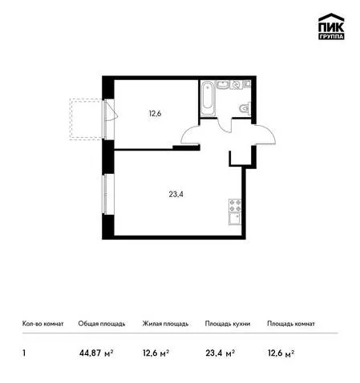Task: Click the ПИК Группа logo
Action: (x=331, y=26)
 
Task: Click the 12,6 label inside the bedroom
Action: (x=155, y=114)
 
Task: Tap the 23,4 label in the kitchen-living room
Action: (x=176, y=195)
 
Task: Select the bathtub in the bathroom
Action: (x=208, y=99)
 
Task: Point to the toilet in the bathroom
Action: (x=245, y=109)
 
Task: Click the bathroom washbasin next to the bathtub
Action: (x=222, y=85)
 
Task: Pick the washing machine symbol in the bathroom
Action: (x=237, y=85)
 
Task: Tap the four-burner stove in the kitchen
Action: (x=235, y=206)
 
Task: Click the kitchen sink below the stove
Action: (x=235, y=219)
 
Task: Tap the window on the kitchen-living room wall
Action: (x=106, y=194)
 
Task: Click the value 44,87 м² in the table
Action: (x=96, y=353)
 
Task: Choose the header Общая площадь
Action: (x=102, y=324)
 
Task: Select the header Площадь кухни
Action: (x=228, y=324)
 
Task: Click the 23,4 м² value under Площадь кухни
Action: (x=220, y=353)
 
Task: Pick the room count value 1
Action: (x=24, y=353)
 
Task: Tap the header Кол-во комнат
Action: (x=42, y=324)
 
